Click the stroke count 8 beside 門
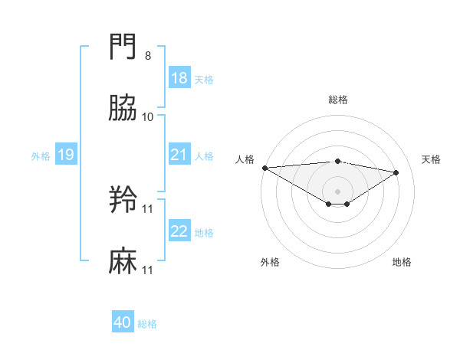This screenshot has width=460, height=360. (147, 56)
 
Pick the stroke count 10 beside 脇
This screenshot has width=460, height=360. (148, 116)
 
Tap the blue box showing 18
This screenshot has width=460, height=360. (179, 78)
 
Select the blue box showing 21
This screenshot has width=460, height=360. (179, 155)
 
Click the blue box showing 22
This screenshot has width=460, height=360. (179, 231)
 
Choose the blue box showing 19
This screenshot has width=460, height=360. (66, 155)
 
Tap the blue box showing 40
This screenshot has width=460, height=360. (123, 322)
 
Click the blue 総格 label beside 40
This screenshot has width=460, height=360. (147, 324)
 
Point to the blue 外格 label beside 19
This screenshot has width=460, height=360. (41, 155)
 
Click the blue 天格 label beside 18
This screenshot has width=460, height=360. (204, 79)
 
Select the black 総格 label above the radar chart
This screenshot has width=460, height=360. (337, 100)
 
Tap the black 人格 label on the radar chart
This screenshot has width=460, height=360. (245, 159)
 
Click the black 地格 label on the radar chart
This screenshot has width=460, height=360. (402, 262)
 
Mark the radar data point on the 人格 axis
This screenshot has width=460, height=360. (264, 168)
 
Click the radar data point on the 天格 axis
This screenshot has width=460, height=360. (396, 172)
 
